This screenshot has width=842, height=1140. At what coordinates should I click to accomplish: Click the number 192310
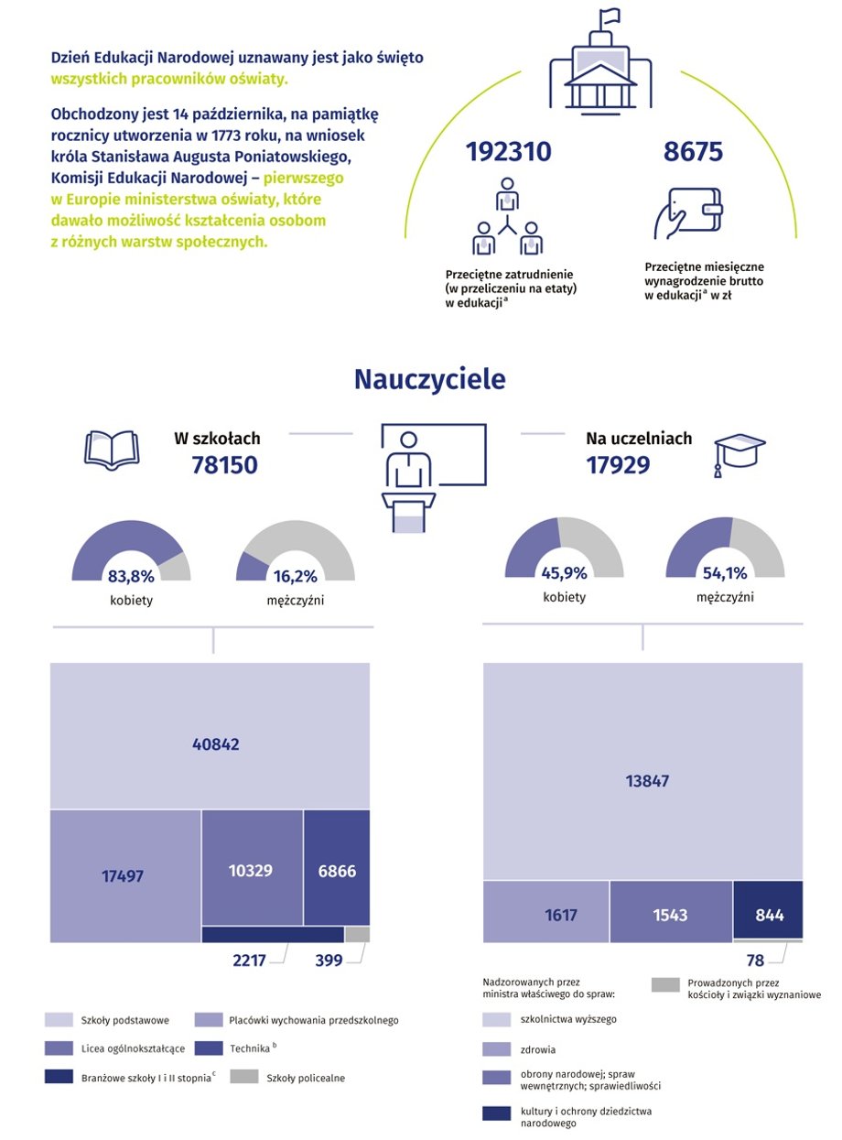pyautogui.click(x=509, y=152)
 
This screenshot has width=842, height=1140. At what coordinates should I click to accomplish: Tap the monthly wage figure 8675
pyautogui.click(x=693, y=152)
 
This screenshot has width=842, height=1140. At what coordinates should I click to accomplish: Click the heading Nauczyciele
pyautogui.click(x=429, y=379)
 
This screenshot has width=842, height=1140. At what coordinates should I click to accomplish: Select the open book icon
pyautogui.click(x=111, y=450)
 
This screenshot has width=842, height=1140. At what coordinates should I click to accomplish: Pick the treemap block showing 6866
pyautogui.click(x=336, y=870)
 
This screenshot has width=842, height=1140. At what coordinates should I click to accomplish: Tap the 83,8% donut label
pyautogui.click(x=131, y=577)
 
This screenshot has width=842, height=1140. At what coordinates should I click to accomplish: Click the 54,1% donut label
pyautogui.click(x=724, y=573)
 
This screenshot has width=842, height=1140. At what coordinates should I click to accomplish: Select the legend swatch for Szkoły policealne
pyautogui.click(x=243, y=1077)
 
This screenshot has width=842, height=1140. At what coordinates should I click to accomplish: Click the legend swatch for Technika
pyautogui.click(x=210, y=1047)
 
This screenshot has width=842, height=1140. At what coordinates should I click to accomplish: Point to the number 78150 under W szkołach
pyautogui.click(x=224, y=465)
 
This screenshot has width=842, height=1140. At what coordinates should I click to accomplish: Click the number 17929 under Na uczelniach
pyautogui.click(x=618, y=465)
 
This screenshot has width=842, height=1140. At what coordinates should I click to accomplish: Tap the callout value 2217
pyautogui.click(x=249, y=961)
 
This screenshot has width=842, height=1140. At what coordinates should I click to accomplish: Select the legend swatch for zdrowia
pyautogui.click(x=497, y=1049)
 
